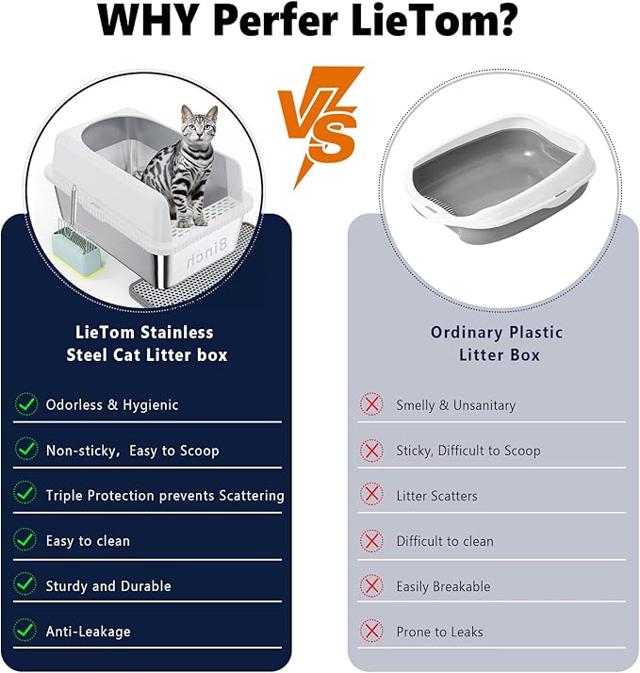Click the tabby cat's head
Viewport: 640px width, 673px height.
pos(198,124)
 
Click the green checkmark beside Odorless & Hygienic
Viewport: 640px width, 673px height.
pos(26,404)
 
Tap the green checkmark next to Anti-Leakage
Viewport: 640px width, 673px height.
pos(26,631)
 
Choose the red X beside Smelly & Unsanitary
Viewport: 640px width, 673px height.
pos(372,404)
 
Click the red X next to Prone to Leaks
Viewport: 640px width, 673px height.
pos(372,631)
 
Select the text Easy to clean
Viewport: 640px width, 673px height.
pos(88,541)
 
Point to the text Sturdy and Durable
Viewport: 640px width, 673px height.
pos(108,586)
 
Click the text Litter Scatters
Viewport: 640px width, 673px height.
pos(436,496)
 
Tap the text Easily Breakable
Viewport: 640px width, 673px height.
pos(443,586)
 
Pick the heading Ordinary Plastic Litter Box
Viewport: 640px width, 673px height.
pos(497,343)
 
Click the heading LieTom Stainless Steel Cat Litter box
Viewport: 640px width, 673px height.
pos(146,343)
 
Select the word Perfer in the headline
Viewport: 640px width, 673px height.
pos(284,21)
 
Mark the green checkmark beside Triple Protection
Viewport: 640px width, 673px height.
pos(26,495)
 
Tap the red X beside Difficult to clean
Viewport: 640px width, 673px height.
pos(372,541)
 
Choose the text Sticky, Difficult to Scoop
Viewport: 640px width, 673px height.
pos(468,451)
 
